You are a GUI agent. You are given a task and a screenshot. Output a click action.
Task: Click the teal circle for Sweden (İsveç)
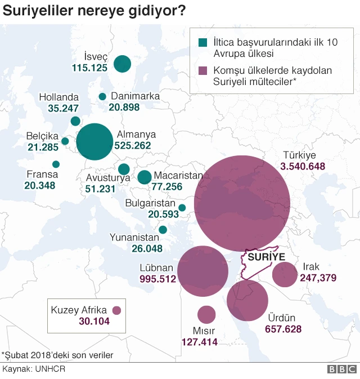point(122,64)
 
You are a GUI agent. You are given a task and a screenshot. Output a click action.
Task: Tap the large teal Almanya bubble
point(94,142)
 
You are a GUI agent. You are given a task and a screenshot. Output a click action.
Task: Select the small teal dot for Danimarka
point(102,97)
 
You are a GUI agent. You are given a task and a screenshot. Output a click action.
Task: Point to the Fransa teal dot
point(56,164)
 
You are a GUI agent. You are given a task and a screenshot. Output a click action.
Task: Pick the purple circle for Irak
point(285,275)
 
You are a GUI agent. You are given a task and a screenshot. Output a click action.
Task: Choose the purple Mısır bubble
point(206,315)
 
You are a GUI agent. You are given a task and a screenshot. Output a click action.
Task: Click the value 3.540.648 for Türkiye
point(303,166)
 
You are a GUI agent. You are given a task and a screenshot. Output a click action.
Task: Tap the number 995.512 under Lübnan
point(157,279)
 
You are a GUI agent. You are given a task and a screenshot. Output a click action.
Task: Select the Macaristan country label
point(178,176)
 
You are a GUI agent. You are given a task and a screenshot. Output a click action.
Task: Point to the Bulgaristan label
point(151,203)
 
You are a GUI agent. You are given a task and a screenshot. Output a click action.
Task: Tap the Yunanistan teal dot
point(163,230)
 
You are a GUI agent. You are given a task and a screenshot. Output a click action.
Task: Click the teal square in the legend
point(204,43)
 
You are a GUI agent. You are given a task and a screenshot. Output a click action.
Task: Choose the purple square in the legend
point(204,72)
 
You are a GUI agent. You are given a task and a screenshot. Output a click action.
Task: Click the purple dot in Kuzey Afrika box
point(117,310)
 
